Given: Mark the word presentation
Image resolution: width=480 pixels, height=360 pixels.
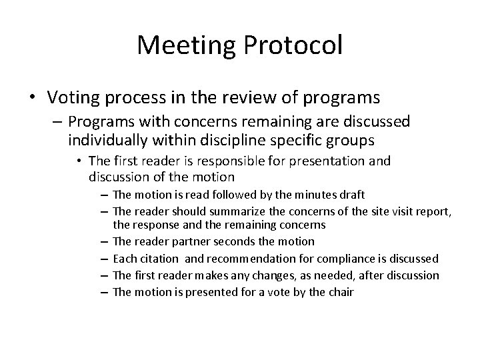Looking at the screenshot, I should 333,161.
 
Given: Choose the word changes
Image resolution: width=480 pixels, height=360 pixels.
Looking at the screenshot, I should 265,275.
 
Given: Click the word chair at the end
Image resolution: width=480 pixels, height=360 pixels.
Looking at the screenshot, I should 340,291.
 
